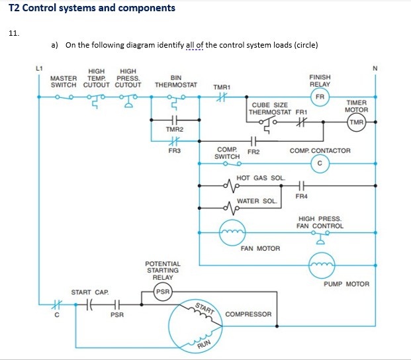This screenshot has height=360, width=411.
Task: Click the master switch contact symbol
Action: pyautogui.click(x=64, y=97)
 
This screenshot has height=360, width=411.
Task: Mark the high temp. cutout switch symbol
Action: pyautogui.click(x=96, y=101)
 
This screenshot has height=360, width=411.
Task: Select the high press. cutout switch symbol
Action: pyautogui.click(x=128, y=101)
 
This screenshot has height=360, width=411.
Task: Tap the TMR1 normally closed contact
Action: pyautogui.click(x=222, y=97)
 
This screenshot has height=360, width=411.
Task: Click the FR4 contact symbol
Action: pyautogui.click(x=301, y=186)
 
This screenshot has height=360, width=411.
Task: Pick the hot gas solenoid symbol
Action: pyautogui.click(x=232, y=186)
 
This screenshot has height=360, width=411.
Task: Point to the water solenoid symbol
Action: pyautogui.click(x=232, y=208)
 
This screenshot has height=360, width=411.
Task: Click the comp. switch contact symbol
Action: pyautogui.click(x=232, y=163)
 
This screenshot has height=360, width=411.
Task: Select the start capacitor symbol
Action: pyautogui.click(x=89, y=304)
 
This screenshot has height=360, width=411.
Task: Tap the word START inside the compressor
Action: pyautogui.click(x=205, y=308)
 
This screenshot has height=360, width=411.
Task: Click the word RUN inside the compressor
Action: pyautogui.click(x=205, y=344)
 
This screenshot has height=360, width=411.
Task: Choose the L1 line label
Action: pyautogui.click(x=39, y=68)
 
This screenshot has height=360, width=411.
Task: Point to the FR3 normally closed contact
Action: pyautogui.click(x=174, y=141)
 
